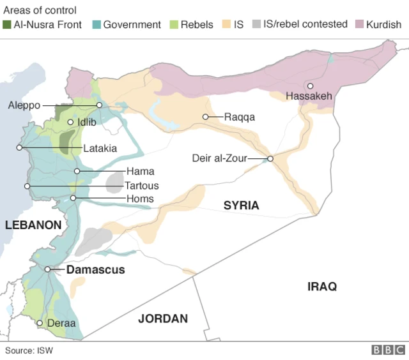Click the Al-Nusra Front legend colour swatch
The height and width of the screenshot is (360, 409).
pyautogui.click(x=7, y=25)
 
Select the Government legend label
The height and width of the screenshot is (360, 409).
pyautogui.click(x=132, y=25)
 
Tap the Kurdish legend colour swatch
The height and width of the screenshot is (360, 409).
pyautogui.click(x=359, y=25)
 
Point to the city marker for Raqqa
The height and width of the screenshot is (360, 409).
pyautogui.click(x=206, y=117)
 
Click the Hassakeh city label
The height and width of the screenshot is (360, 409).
pyautogui.click(x=309, y=96)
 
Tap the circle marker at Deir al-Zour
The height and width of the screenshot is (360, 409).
pyautogui.click(x=270, y=159)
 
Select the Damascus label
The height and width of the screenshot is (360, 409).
pyautogui.click(x=95, y=270)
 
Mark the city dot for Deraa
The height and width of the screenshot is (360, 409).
pyautogui.click(x=40, y=324)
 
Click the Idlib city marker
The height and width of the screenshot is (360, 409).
pyautogui.click(x=70, y=121)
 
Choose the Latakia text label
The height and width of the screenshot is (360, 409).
pyautogui.click(x=100, y=148)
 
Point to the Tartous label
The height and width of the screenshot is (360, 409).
pyautogui.click(x=141, y=186)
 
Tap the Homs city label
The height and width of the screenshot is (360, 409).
pyautogui.click(x=139, y=199)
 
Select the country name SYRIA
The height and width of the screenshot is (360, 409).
pyautogui.click(x=241, y=206)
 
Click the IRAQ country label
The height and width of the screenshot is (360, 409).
pyautogui.click(x=321, y=287)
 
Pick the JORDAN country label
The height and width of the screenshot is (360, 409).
pyautogui.click(x=163, y=319)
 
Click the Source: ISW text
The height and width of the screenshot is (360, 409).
pyautogui.click(x=29, y=350)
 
